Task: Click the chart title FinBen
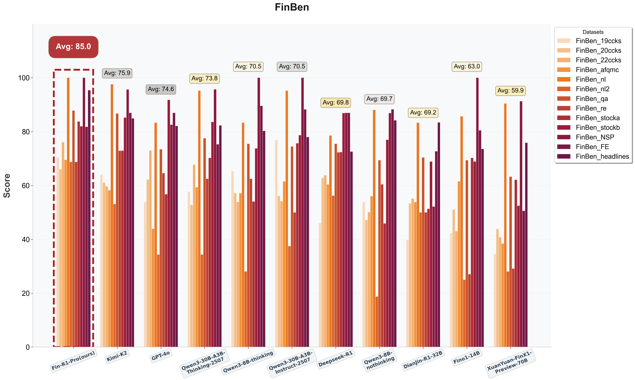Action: (x=292, y=7)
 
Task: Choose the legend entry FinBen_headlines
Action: (x=602, y=156)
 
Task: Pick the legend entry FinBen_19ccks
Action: (x=598, y=41)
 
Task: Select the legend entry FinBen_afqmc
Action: (x=597, y=70)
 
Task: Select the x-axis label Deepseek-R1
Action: (x=335, y=359)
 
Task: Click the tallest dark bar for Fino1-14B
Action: (x=477, y=213)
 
